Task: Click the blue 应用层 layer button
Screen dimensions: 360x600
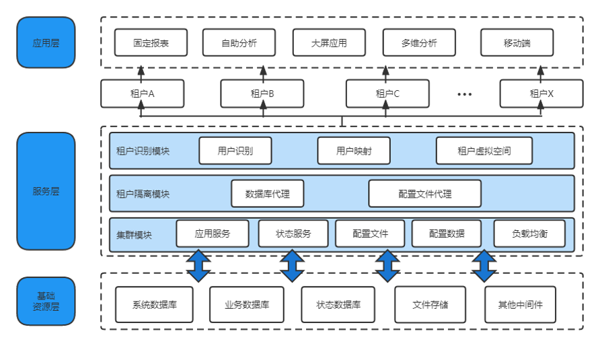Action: click(x=46, y=43)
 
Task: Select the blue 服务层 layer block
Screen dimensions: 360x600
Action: click(x=46, y=191)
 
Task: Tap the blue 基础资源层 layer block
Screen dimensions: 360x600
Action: click(x=46, y=301)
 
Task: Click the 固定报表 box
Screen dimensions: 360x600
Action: click(x=151, y=42)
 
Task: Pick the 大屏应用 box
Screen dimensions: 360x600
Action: click(x=329, y=42)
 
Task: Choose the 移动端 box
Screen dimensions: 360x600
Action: click(x=517, y=42)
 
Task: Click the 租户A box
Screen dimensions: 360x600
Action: click(x=143, y=94)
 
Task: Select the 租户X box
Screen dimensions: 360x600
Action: click(x=541, y=94)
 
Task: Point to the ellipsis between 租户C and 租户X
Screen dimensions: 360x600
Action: click(x=465, y=94)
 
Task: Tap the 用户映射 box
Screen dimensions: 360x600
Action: click(x=354, y=151)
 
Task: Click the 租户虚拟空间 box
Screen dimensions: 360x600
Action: click(x=484, y=151)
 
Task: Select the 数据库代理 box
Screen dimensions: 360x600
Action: click(x=267, y=194)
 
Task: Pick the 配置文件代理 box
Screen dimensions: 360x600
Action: click(x=424, y=194)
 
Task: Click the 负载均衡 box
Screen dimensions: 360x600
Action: click(x=529, y=233)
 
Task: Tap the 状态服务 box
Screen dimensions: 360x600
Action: click(x=293, y=233)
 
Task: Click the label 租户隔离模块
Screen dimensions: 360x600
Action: click(x=143, y=194)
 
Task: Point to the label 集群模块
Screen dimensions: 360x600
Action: click(x=134, y=235)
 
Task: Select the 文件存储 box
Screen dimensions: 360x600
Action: click(x=430, y=304)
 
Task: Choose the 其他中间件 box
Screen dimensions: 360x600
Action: click(x=520, y=304)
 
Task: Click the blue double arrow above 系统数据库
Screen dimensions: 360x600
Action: click(x=198, y=265)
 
